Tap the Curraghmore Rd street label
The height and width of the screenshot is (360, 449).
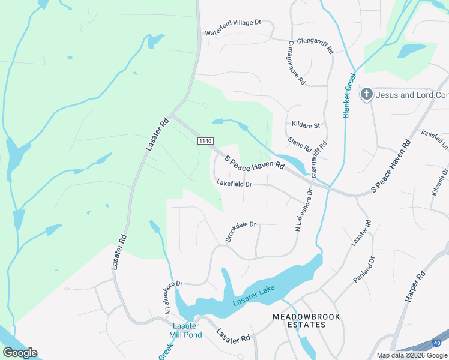pyautogui.click(x=297, y=62)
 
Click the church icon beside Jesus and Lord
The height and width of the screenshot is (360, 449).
pyautogui.click(x=366, y=95)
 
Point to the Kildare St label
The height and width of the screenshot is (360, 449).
pyautogui.click(x=306, y=125)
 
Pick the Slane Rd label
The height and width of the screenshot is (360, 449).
pyautogui.click(x=299, y=145)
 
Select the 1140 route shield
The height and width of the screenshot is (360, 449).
pyautogui.click(x=205, y=140)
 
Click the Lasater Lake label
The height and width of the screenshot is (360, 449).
pyautogui.click(x=253, y=297)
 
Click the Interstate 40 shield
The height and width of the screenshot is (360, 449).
pyautogui.click(x=438, y=343)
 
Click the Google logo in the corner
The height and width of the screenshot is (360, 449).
pyautogui.click(x=20, y=352)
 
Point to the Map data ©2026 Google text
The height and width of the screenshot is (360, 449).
pyautogui.click(x=412, y=355)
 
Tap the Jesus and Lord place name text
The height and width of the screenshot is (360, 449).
pyautogui.click(x=412, y=95)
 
